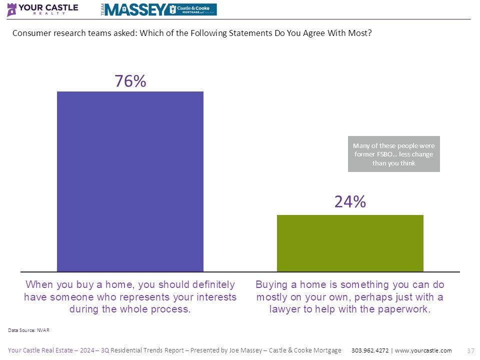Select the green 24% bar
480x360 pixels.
(350, 243)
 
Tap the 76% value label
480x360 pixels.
(130, 81)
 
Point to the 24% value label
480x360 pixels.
(350, 201)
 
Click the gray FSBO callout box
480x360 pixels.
(394, 154)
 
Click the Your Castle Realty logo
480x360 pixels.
(42, 9)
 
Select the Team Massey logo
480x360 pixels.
(135, 9)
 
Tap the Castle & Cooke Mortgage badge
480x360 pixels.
(193, 9)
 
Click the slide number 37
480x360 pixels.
(470, 350)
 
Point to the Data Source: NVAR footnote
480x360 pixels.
(29, 330)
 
